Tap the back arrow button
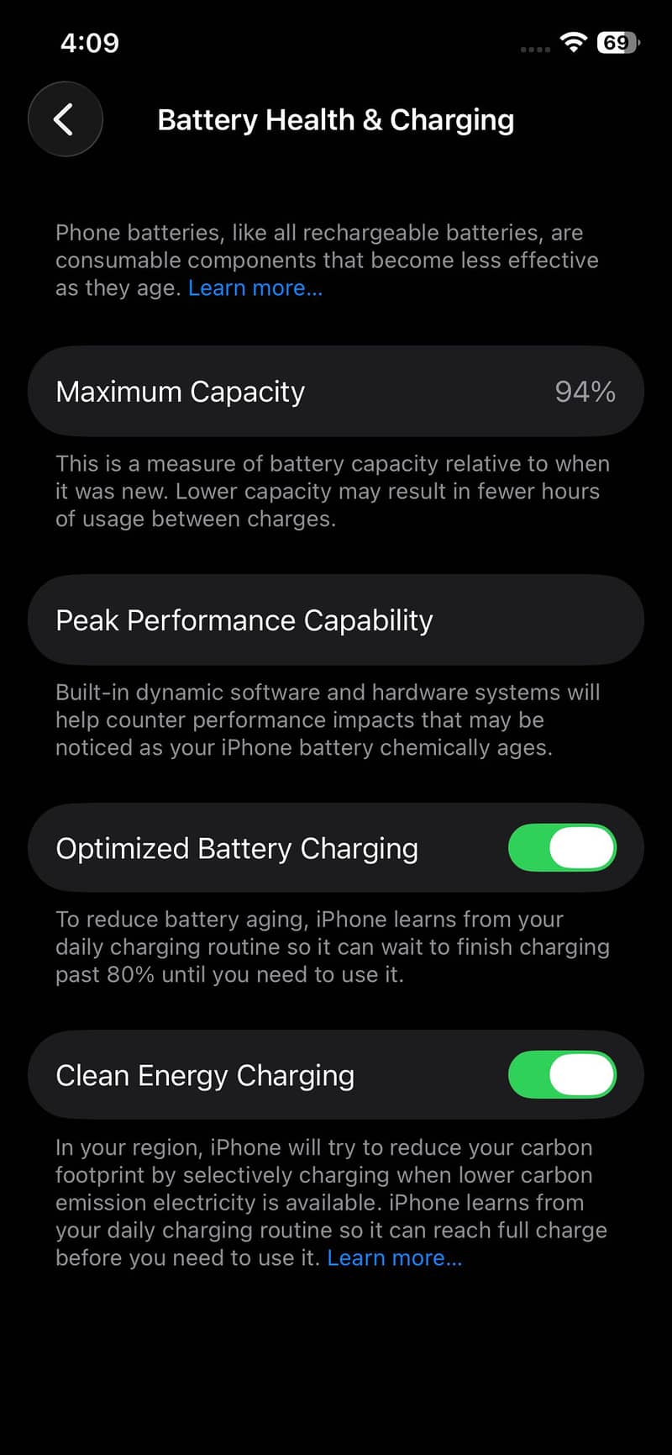pyautogui.click(x=65, y=119)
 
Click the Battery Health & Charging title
pyautogui.click(x=336, y=120)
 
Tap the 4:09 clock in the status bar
pyautogui.click(x=90, y=42)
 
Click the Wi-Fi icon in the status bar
pyautogui.click(x=574, y=42)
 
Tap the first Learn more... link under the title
pyautogui.click(x=255, y=287)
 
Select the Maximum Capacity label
pyautogui.click(x=181, y=392)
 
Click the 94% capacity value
pyautogui.click(x=585, y=392)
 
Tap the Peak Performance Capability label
pyautogui.click(x=244, y=620)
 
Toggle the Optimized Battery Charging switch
pyautogui.click(x=562, y=847)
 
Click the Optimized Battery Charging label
pyautogui.click(x=237, y=849)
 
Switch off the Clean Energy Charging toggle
pyautogui.click(x=562, y=1074)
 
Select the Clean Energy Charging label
pyautogui.click(x=205, y=1076)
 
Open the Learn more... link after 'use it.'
pyautogui.click(x=395, y=1257)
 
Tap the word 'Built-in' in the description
pyautogui.click(x=92, y=692)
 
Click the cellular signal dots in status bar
pyautogui.click(x=535, y=50)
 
